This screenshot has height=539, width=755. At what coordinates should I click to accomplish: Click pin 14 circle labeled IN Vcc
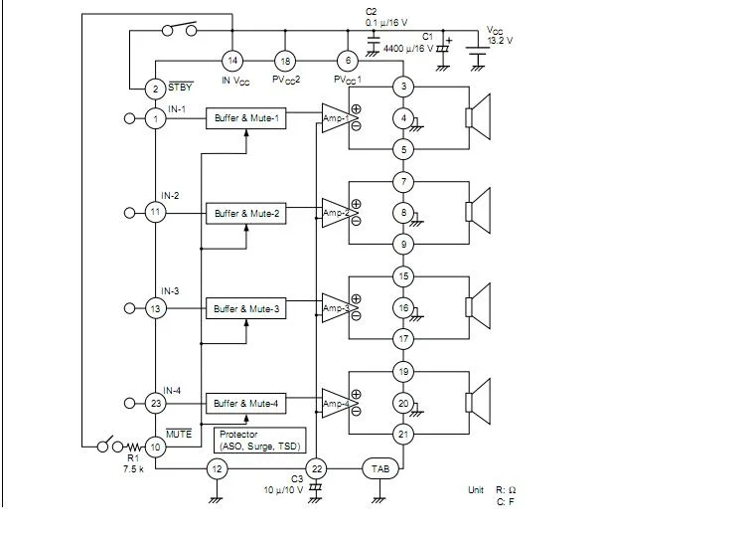[x=231, y=61]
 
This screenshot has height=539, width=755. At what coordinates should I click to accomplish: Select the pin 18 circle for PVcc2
[x=286, y=61]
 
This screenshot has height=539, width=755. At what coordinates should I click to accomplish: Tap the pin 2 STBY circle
[x=155, y=90]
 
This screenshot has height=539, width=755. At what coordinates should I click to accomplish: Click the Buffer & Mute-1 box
[x=246, y=118]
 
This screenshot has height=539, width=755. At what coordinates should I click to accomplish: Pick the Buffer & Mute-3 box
[x=246, y=308]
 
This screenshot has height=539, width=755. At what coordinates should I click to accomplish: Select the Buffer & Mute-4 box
[x=246, y=403]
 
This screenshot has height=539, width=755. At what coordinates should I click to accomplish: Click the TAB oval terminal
[x=380, y=468]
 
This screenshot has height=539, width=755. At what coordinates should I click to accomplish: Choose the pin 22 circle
[x=317, y=468]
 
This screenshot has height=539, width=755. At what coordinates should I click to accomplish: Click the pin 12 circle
[x=218, y=468]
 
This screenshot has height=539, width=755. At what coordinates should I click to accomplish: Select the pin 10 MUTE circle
[x=155, y=447]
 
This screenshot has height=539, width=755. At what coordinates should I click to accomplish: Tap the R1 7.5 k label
[x=133, y=462]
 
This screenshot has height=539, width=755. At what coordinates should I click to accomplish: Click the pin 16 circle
[x=402, y=308]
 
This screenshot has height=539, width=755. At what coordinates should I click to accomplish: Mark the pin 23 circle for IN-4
[x=155, y=403]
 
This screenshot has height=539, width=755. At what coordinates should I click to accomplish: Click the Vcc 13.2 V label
[x=500, y=36]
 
